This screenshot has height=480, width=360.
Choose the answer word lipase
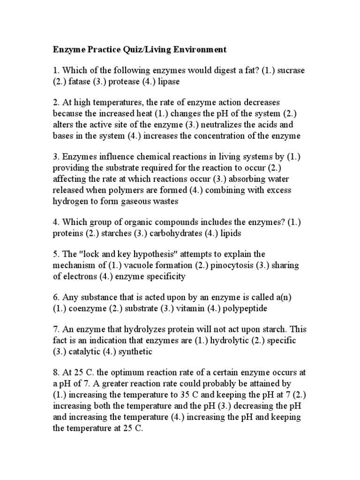pos(167,81)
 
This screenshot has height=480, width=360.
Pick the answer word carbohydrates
pos(166,233)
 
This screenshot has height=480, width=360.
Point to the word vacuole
pos(142,265)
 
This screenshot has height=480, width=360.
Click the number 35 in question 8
pos(217,395)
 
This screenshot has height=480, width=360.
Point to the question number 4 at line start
pos(55,222)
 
